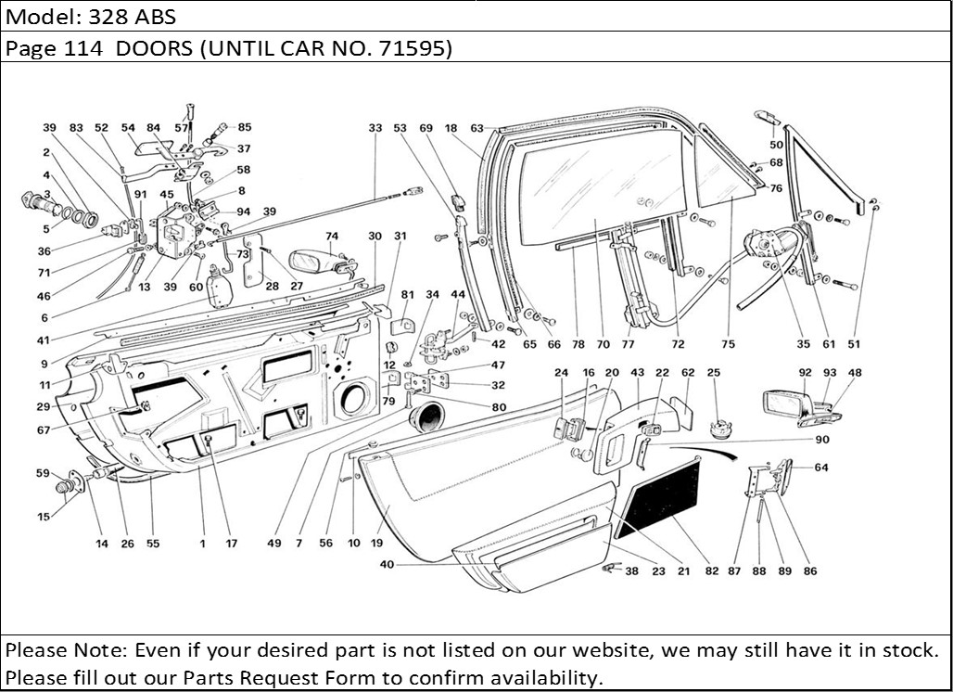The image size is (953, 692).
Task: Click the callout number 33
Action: click(375, 128)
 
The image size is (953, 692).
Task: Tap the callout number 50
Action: click(776, 145)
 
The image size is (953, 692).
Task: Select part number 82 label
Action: click(711, 571)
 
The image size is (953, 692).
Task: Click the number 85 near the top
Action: click(244, 127)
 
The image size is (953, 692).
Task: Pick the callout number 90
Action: click(822, 440)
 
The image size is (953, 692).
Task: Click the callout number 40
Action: click(387, 564)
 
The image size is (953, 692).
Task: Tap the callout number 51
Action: click(854, 344)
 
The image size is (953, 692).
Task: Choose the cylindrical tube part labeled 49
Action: click(429, 416)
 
